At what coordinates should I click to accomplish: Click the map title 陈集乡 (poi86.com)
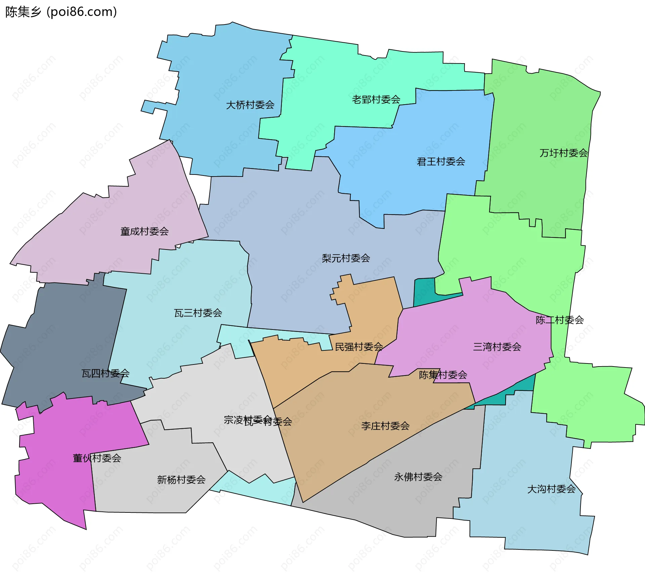click(x=61, y=12)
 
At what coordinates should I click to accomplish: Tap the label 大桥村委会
click(x=250, y=105)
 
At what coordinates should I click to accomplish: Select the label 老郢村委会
click(x=376, y=99)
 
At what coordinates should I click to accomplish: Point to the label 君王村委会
click(x=441, y=161)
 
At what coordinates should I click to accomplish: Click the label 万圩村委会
click(x=563, y=153)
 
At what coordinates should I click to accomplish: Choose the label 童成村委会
click(x=144, y=231)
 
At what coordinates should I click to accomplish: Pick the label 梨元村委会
click(x=346, y=258)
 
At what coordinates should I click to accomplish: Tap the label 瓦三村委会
click(x=198, y=313)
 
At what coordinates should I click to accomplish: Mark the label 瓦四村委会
click(x=105, y=373)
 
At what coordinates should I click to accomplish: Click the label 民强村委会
click(x=359, y=347)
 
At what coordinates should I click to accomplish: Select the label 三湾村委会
click(x=497, y=347)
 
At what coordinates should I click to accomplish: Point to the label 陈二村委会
click(x=560, y=320)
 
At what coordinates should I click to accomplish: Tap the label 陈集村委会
click(x=443, y=375)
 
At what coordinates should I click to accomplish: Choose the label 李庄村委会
click(x=385, y=426)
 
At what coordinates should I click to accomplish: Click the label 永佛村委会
click(x=418, y=477)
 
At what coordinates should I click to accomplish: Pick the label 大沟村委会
click(x=551, y=489)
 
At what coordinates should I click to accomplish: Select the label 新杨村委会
click(x=181, y=479)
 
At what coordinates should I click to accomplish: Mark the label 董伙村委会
click(x=97, y=458)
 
